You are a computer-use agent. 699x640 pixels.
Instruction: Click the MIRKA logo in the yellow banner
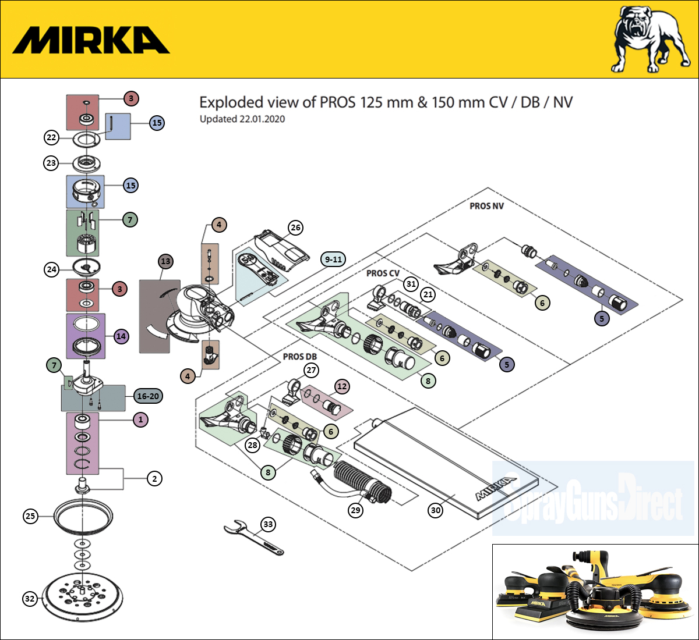pos(91,40)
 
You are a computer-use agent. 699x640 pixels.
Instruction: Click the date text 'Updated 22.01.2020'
pos(242,119)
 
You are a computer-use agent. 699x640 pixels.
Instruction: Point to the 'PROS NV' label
pos(486,206)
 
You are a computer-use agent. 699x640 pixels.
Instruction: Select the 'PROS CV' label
pos(383,273)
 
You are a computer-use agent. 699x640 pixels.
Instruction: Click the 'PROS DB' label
pos(299,356)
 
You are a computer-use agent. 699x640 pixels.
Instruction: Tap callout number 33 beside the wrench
pos(268,524)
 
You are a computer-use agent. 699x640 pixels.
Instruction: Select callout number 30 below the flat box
pos(436,510)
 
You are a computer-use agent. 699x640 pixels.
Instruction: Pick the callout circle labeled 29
pos(355,510)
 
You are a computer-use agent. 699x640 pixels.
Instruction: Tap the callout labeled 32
pos(30,599)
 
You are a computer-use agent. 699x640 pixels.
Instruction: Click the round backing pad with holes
pos(84,596)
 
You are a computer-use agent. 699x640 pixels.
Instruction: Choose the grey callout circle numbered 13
pos(166,261)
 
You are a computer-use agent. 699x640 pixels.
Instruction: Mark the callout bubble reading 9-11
pos(334,259)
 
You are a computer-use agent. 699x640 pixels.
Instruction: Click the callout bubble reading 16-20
pos(148,396)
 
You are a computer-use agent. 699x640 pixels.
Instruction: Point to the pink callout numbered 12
pos(342,386)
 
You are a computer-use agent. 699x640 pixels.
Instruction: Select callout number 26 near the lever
pos(296,227)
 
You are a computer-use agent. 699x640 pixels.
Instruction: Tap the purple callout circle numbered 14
pos(121,336)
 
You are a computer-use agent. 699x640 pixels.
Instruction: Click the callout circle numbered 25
pos(30,515)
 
